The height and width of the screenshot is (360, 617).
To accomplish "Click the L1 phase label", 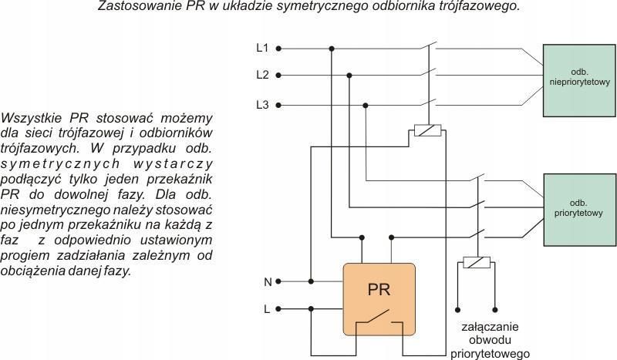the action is (x=262, y=48).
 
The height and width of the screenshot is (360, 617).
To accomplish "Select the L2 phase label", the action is (x=262, y=75).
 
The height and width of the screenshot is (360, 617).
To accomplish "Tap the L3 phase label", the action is (x=262, y=105).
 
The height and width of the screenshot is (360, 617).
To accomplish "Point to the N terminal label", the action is (x=268, y=281).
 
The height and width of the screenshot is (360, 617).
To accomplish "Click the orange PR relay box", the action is (x=379, y=299).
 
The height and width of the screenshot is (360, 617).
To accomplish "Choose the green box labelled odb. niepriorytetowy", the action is (x=579, y=80).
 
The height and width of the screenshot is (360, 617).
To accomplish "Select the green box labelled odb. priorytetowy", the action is (x=580, y=210).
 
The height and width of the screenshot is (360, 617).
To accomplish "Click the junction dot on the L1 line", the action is (x=332, y=49).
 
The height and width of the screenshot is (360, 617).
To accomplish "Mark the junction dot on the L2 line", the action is (x=349, y=75).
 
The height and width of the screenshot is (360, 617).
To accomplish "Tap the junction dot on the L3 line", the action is (x=366, y=106).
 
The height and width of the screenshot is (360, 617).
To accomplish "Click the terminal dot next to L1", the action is (x=278, y=49).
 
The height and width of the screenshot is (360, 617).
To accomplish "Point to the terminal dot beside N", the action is (x=278, y=281).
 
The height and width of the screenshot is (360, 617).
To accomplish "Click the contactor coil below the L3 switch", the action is (x=428, y=130).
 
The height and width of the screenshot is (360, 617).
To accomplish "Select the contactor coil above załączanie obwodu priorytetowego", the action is (x=477, y=262).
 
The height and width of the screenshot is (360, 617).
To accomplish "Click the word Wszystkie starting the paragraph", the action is (x=32, y=118).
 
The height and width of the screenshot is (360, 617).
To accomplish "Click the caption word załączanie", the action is (x=490, y=327).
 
